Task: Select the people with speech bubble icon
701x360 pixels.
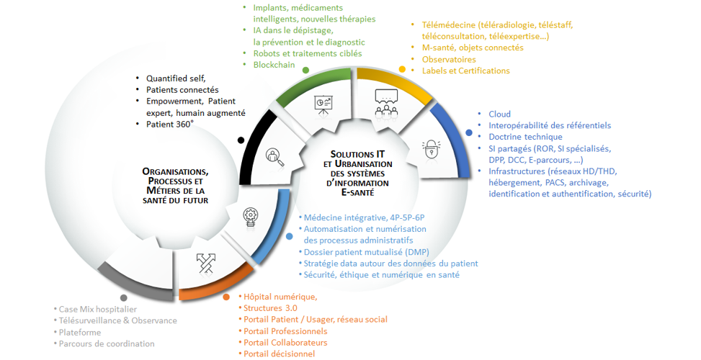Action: (386, 102)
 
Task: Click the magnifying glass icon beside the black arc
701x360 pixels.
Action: (273, 154)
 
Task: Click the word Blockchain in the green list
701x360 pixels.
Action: (274, 65)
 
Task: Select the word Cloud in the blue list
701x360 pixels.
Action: (499, 114)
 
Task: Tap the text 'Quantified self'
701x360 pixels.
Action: (176, 78)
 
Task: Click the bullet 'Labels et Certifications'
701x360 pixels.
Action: (465, 71)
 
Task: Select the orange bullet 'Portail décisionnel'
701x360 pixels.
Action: (280, 354)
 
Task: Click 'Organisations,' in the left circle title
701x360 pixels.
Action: (176, 171)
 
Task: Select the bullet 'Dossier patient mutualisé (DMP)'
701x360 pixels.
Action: (366, 251)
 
